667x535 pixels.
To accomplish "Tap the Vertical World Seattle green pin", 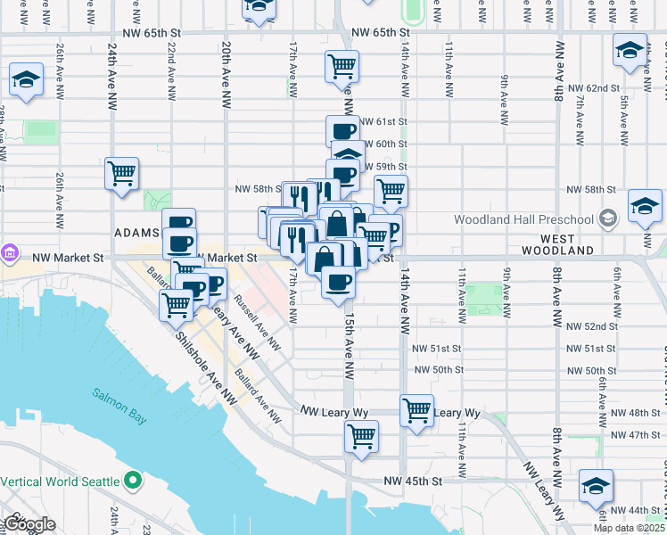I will click(134, 481).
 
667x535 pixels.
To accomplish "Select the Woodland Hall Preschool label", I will click(523, 219).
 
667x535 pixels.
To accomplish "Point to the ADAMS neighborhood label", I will click(136, 232).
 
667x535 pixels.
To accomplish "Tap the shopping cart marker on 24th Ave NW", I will click(121, 173).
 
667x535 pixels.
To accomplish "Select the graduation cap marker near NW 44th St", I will click(595, 485).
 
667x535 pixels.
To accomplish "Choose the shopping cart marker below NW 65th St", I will click(342, 66).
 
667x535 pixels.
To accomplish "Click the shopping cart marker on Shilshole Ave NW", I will click(177, 305).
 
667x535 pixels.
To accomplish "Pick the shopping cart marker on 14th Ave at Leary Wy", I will click(416, 410).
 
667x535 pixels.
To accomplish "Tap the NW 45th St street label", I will click(413, 481).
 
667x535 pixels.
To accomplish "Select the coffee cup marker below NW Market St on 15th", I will click(338, 284).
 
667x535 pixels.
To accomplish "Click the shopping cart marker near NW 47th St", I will click(361, 437).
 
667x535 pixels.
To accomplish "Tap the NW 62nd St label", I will click(592, 88).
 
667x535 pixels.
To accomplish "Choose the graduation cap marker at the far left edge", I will click(26, 80).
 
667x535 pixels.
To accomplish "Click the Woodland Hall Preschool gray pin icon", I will click(607, 218).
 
